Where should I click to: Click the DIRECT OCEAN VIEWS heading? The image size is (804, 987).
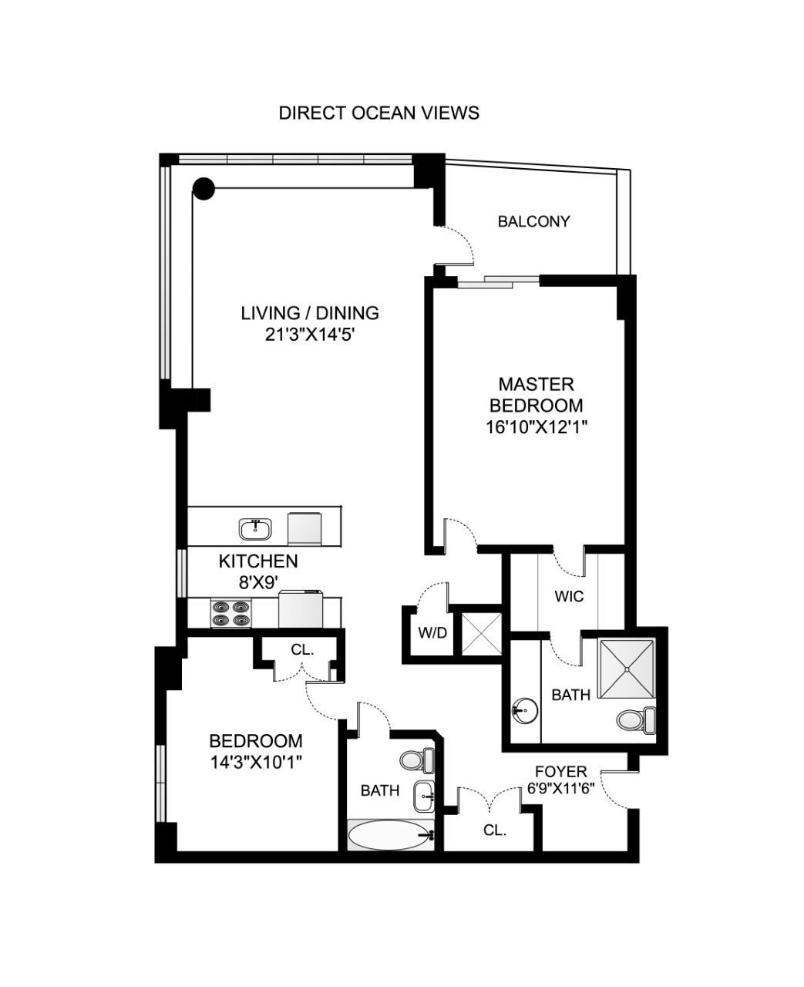pyautogui.click(x=378, y=113)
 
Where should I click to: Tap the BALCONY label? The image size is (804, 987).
pyautogui.click(x=533, y=222)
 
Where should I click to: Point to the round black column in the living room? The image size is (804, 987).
pyautogui.click(x=204, y=187)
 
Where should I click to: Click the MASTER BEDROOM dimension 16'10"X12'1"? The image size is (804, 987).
pyautogui.click(x=537, y=428)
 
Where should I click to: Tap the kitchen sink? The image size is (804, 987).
pyautogui.click(x=254, y=529)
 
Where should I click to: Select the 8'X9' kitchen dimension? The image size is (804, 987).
pyautogui.click(x=257, y=583)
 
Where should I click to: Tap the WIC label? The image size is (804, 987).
pyautogui.click(x=569, y=596)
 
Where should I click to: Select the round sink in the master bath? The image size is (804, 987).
pyautogui.click(x=526, y=709)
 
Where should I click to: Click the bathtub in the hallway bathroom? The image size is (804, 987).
pyautogui.click(x=389, y=834)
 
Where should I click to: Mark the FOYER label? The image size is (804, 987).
pyautogui.click(x=561, y=771)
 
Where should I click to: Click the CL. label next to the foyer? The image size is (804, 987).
pyautogui.click(x=494, y=830)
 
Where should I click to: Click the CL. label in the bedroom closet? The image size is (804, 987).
pyautogui.click(x=302, y=650)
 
